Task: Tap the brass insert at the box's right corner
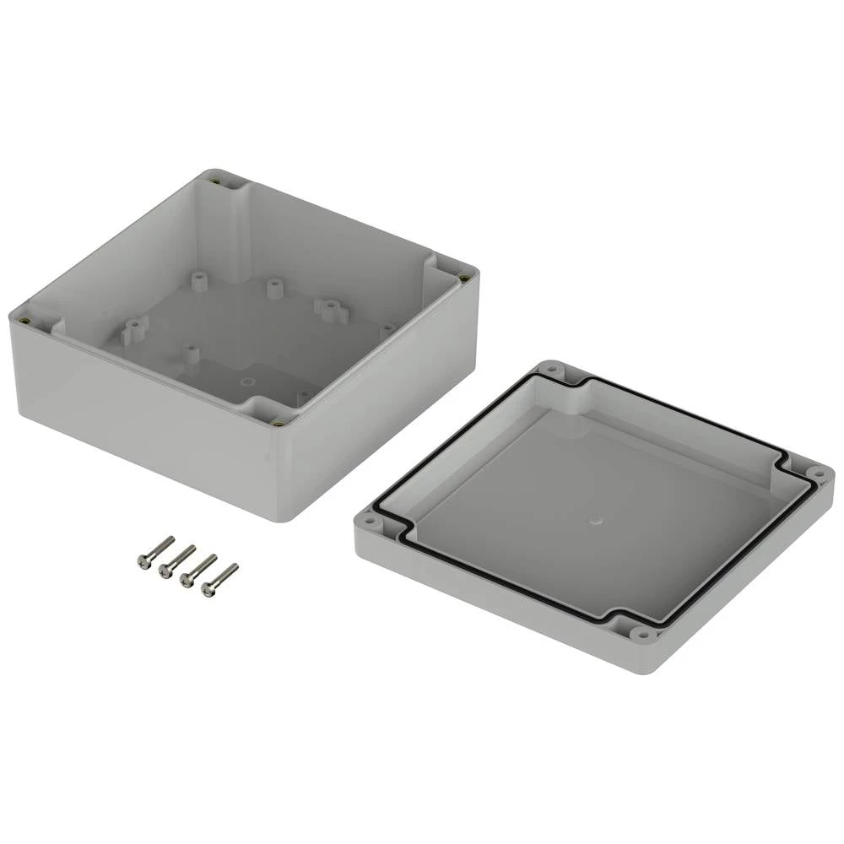coord(465,277)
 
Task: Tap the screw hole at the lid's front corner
coord(643,633)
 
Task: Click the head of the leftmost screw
coord(143,560)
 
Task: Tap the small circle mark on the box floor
coord(246,382)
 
